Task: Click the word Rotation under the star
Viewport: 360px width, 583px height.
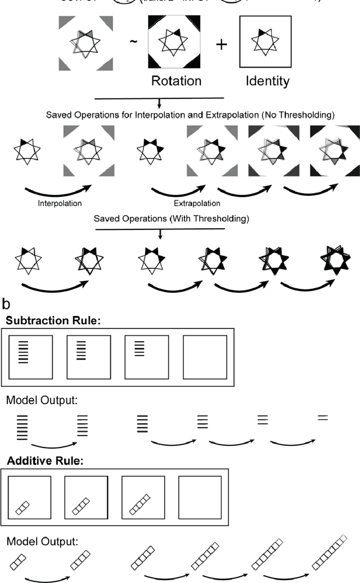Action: (176, 80)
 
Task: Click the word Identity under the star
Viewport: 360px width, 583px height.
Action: (267, 80)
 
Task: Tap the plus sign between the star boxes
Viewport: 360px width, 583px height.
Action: (223, 44)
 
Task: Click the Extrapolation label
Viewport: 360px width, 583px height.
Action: (196, 203)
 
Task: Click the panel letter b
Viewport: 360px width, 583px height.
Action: (6, 304)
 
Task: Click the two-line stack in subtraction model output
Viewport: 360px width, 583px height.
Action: (322, 418)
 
